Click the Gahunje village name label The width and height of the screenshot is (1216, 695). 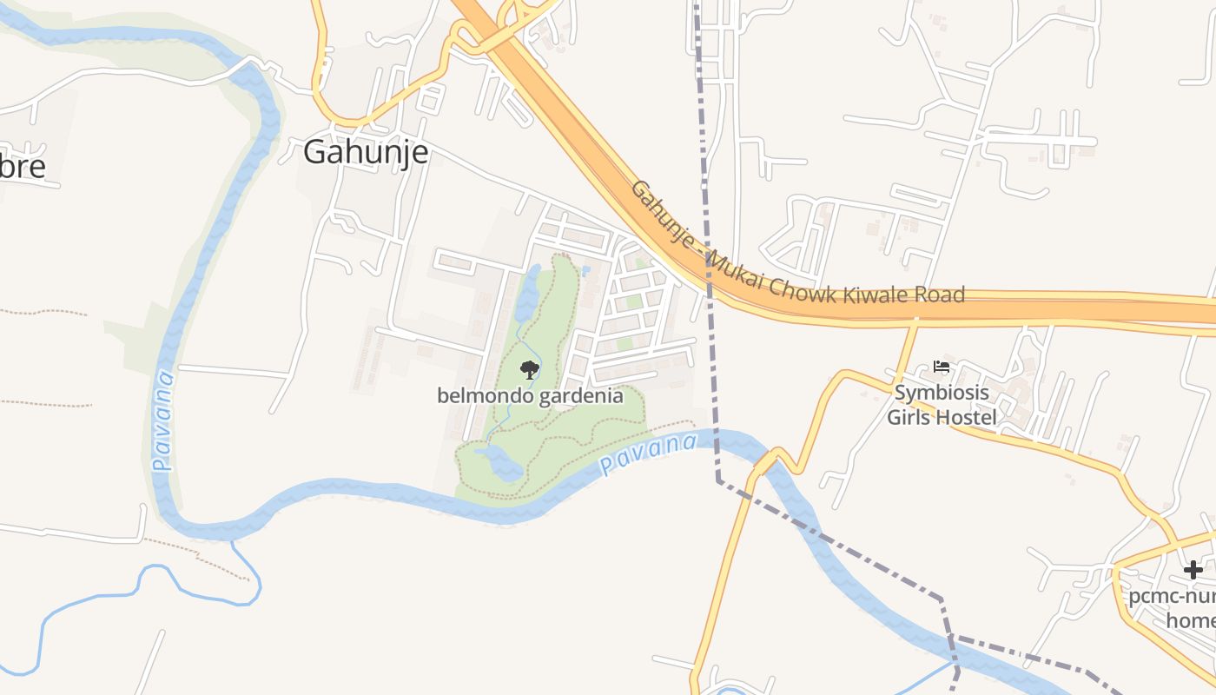point(366,153)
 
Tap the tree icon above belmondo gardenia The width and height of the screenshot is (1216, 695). point(529,371)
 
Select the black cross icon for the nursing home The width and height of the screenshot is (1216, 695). point(1193,570)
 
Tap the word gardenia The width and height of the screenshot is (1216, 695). point(581,396)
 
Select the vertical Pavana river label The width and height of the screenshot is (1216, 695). point(162,420)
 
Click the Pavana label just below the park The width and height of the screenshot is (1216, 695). point(648,455)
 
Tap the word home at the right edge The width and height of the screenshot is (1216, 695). point(1190,620)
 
